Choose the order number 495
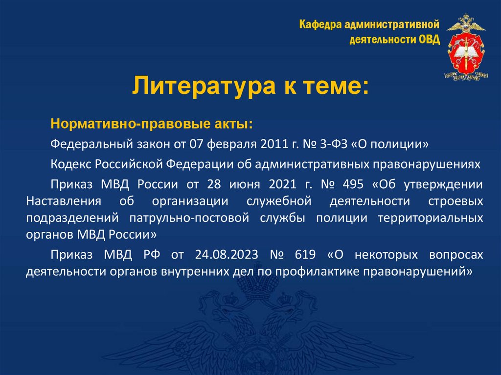point(352,185)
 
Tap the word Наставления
point(64,202)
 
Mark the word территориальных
point(431,218)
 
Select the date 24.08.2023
point(222,255)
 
